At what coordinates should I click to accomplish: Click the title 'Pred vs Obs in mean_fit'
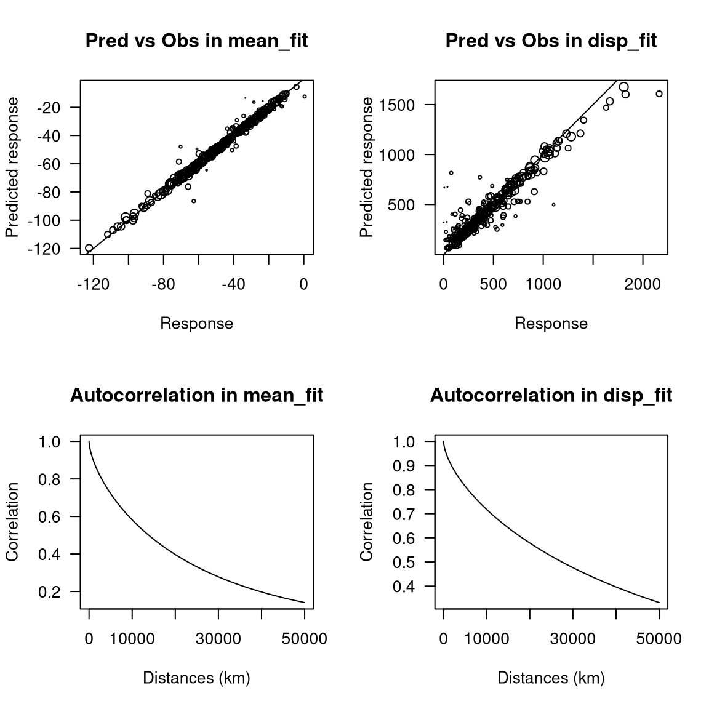196,41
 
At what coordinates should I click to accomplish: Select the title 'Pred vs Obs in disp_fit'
551,41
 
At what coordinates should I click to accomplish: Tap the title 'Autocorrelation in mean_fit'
196,395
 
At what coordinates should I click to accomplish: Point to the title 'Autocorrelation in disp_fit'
551,395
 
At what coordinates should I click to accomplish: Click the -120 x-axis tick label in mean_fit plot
93,284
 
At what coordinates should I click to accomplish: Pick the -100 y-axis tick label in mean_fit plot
49,220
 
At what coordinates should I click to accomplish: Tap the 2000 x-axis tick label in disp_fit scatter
643,284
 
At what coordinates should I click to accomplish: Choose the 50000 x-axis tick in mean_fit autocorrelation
304,639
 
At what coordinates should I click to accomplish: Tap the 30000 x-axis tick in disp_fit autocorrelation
572,639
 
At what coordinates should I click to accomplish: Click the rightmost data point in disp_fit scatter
659,94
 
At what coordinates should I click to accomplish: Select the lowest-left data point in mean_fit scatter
89,248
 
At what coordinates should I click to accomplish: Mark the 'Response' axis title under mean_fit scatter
196,324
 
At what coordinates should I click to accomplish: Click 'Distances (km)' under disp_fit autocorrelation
551,678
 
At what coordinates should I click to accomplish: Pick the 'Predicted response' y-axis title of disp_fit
367,167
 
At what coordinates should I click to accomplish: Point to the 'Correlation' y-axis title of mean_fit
12,522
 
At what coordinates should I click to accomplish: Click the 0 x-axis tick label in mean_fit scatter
303,284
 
